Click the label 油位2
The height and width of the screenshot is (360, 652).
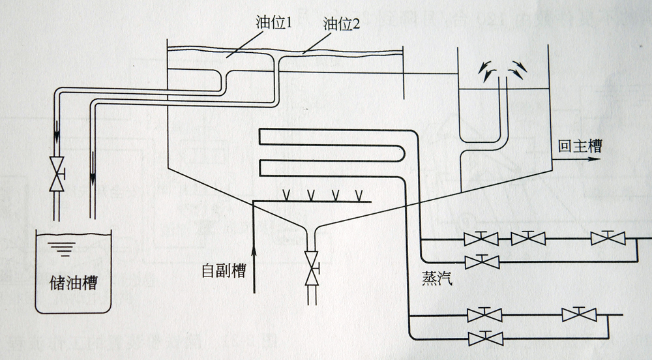340,24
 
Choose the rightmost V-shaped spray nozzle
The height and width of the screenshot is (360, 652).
359,194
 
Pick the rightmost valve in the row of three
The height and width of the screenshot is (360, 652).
608,238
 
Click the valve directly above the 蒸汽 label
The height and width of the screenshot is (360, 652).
482,262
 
